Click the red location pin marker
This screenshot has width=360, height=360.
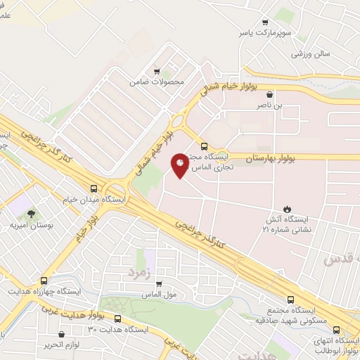tap(180, 165)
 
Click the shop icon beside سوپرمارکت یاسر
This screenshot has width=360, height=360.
tap(265, 22)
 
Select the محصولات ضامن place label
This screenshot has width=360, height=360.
tap(156, 82)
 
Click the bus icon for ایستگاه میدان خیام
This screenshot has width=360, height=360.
tap(94, 188)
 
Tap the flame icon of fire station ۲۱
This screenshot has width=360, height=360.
tap(288, 208)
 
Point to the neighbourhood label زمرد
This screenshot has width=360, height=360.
tap(139, 269)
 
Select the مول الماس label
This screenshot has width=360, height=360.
tap(159, 296)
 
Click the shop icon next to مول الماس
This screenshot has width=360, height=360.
tap(159, 285)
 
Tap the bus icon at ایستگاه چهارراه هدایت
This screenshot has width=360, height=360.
tap(44, 280)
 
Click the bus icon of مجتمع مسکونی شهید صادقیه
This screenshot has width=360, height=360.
tap(292, 298)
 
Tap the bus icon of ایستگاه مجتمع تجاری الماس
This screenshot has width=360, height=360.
tap(204, 147)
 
